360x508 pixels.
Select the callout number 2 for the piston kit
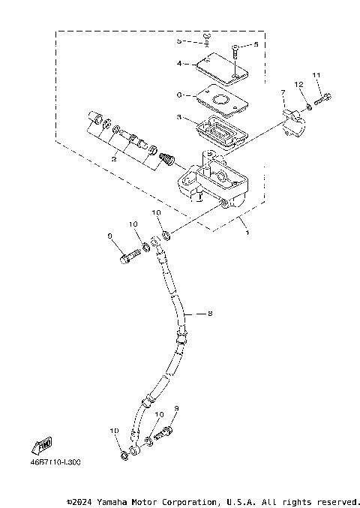coord(113,160)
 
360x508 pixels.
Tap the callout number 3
coord(178,118)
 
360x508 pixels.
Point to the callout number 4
coord(179,64)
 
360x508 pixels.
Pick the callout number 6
coord(178,95)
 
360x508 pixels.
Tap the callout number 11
coord(316,75)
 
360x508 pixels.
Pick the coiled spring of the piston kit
coord(170,159)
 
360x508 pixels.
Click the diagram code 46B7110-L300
coord(55,462)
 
